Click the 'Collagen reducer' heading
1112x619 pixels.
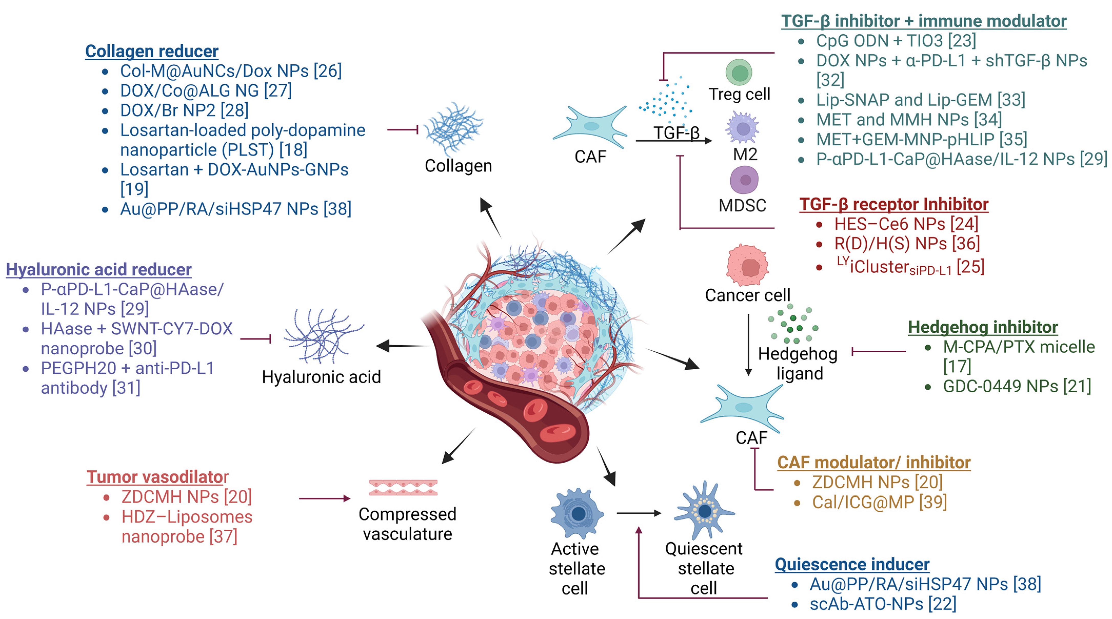[152, 51]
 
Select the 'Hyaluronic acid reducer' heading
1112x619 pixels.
[98, 270]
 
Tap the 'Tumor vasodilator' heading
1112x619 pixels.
[157, 477]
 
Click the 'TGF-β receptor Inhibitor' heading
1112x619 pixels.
[893, 204]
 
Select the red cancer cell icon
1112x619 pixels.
[748, 265]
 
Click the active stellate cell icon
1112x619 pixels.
[577, 514]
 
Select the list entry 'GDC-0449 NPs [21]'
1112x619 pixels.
[1017, 386]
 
